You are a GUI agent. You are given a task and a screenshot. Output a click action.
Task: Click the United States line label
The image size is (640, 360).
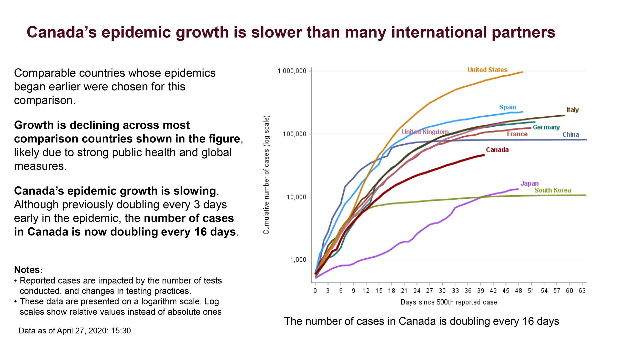[x=487, y=70]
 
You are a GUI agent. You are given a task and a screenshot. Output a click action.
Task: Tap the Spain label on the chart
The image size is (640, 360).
[x=507, y=107]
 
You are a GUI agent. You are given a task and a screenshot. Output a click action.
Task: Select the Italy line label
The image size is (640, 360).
[x=572, y=110]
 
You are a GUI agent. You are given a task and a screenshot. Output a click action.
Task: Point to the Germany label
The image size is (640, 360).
[x=546, y=127]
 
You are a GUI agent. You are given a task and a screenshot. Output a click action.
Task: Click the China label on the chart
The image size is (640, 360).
[x=570, y=135]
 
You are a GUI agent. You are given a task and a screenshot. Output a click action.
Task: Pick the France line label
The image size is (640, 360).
[x=517, y=134]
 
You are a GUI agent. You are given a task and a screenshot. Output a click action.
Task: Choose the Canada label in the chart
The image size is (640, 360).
[x=497, y=150]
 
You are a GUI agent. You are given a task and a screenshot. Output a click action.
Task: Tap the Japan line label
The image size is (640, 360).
[x=529, y=184]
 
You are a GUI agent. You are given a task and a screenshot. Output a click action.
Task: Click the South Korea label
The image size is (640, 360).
[x=553, y=190]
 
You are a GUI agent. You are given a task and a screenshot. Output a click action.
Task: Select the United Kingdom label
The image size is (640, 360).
[x=425, y=132]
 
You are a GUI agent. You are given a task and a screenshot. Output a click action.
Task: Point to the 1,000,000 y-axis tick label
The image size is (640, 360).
[x=292, y=71]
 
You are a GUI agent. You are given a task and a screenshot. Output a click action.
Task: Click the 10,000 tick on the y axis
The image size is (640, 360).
[x=296, y=197]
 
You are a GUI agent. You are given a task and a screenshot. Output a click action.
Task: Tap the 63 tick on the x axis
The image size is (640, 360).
[x=582, y=291]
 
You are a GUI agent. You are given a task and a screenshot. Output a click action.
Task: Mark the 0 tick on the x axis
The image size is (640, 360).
[x=315, y=291]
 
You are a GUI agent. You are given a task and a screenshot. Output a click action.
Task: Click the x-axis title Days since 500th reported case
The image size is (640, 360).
[x=449, y=302]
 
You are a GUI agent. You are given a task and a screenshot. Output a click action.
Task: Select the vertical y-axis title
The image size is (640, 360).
[x=266, y=175]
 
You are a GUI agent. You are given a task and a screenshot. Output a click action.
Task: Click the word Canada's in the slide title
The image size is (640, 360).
[x=62, y=33]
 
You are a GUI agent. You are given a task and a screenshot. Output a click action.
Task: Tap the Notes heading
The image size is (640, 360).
[x=28, y=270]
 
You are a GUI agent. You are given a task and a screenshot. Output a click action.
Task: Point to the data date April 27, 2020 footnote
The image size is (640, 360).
[x=75, y=331]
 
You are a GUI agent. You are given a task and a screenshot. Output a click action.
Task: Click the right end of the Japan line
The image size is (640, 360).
[x=518, y=189]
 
